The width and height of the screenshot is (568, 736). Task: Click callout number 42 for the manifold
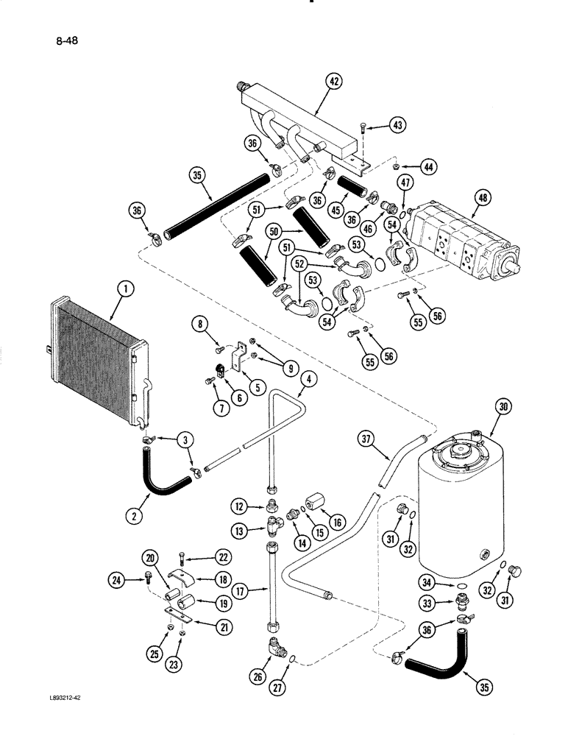click(334, 83)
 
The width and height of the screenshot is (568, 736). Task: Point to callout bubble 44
click(428, 166)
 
